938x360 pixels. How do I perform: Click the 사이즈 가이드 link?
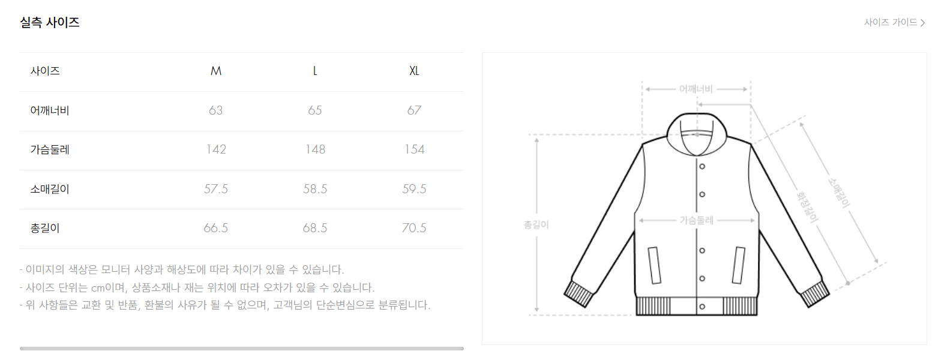(x=894, y=22)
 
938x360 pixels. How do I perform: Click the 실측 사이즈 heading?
(x=50, y=22)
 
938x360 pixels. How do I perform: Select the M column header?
(x=215, y=71)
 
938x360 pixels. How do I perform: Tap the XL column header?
(x=414, y=71)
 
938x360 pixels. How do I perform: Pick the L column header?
(x=315, y=71)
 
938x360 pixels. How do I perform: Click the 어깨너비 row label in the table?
(x=50, y=110)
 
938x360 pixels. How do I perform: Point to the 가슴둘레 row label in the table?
(x=50, y=149)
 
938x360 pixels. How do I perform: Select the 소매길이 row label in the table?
(x=50, y=189)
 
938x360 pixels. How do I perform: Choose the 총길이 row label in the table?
(x=45, y=228)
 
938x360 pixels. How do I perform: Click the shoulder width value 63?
(x=215, y=110)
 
